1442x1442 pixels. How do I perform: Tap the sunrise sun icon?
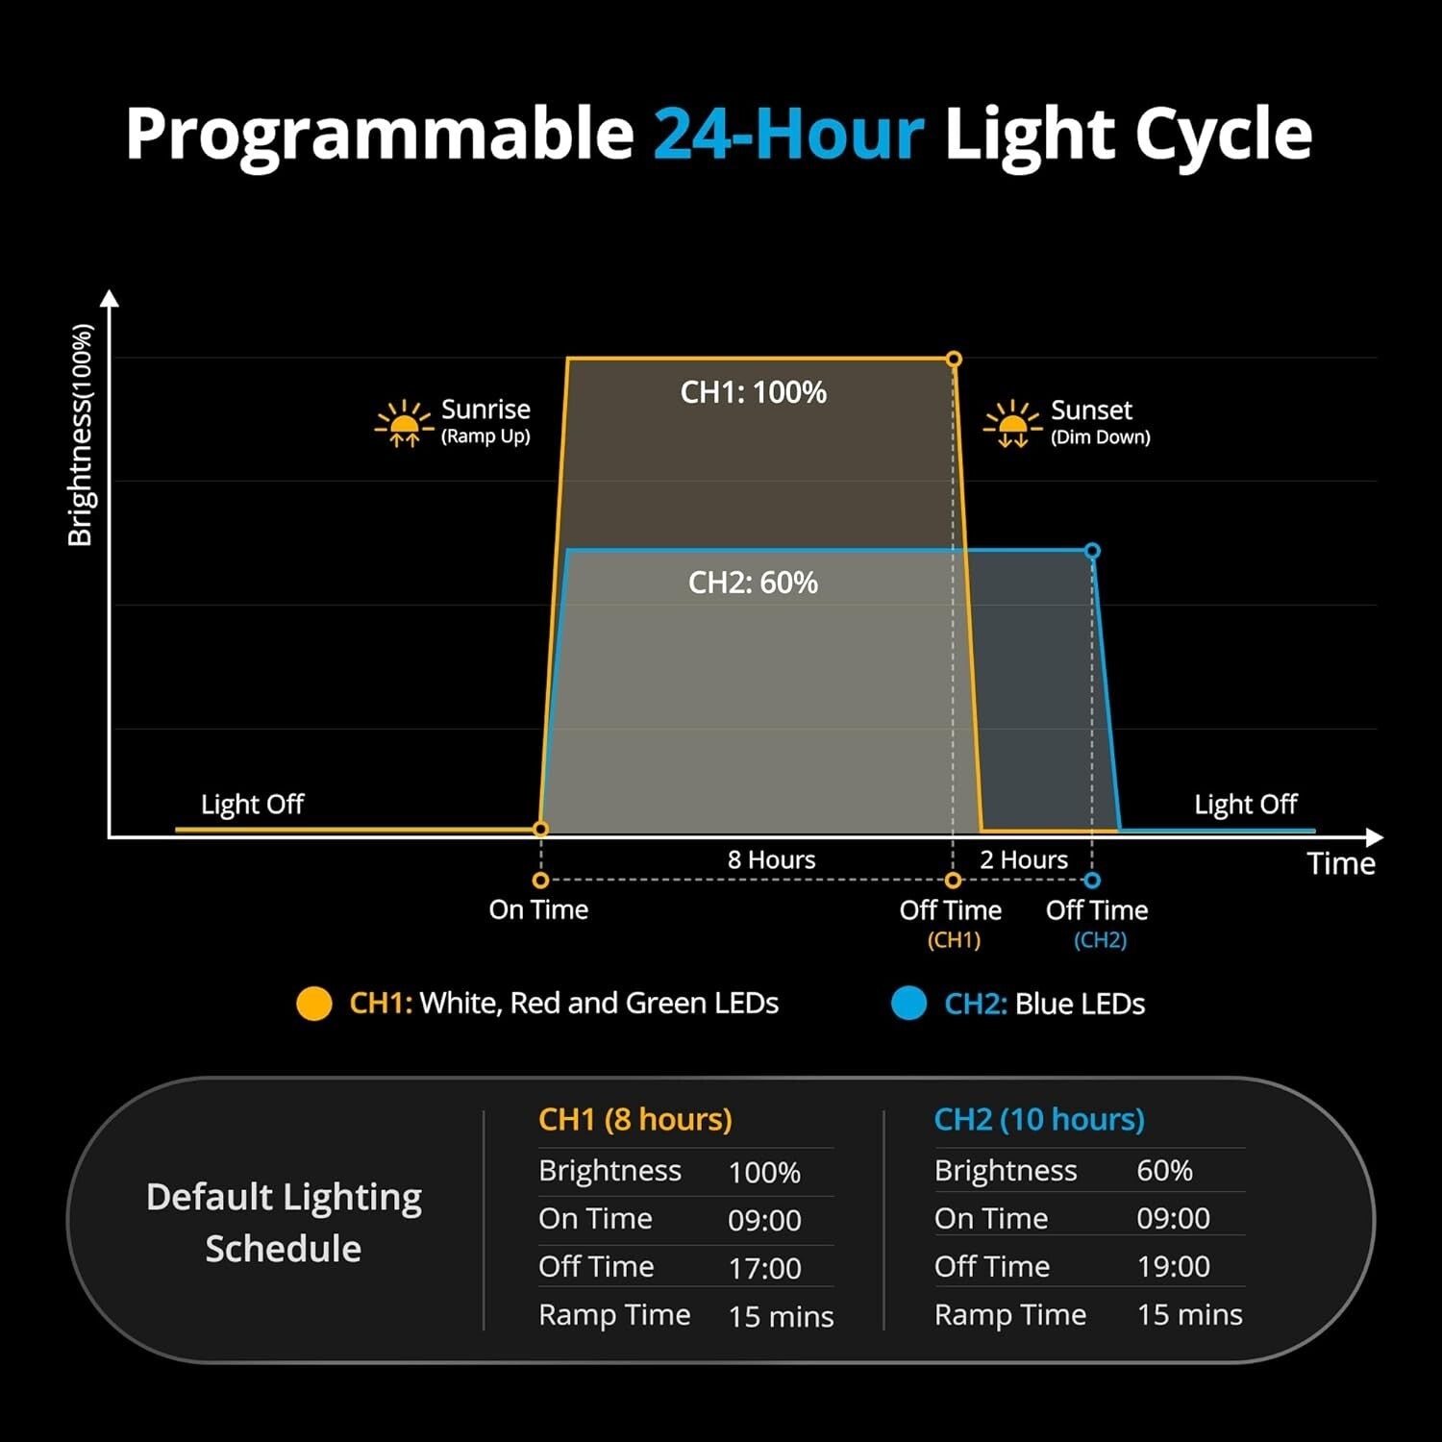click(404, 423)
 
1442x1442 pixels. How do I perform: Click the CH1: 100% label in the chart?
click(754, 392)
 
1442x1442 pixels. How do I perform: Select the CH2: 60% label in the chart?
click(753, 583)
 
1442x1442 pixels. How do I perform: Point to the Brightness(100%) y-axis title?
click(82, 435)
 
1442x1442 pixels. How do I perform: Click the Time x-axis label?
click(1341, 863)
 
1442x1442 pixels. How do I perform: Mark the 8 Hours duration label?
click(771, 859)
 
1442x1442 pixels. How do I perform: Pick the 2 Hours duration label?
click(1024, 859)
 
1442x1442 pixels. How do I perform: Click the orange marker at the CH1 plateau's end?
click(954, 359)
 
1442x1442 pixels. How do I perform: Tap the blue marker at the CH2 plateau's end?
click(1092, 551)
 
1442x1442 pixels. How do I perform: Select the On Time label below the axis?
click(538, 909)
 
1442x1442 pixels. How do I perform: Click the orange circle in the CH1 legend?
click(314, 1004)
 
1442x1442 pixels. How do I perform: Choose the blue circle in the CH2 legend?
click(908, 1004)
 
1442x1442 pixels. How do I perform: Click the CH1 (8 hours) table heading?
click(635, 1119)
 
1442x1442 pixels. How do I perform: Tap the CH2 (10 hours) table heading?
click(1039, 1119)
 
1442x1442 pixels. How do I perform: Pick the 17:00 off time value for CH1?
click(764, 1268)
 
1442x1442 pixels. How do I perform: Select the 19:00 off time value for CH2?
click(1173, 1267)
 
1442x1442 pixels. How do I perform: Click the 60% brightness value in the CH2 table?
click(1164, 1170)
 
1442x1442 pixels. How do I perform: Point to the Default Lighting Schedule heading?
click(284, 1222)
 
